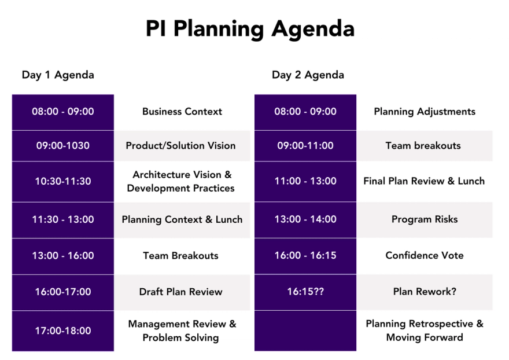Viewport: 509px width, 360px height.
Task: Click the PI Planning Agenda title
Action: click(x=250, y=28)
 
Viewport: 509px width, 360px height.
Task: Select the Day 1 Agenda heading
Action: click(x=58, y=75)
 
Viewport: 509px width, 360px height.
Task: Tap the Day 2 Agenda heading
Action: click(x=308, y=75)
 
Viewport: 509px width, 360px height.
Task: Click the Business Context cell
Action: click(x=182, y=112)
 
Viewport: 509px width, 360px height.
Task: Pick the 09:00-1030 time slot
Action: click(x=63, y=145)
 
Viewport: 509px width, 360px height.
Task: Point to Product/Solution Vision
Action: click(x=180, y=145)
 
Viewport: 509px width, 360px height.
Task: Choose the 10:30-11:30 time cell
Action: click(x=63, y=181)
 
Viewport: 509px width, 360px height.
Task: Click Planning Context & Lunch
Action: click(x=182, y=219)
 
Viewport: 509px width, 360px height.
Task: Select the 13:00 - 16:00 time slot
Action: click(x=63, y=256)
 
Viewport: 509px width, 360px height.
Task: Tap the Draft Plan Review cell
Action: click(x=181, y=292)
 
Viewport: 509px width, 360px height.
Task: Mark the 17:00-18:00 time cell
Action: click(x=63, y=330)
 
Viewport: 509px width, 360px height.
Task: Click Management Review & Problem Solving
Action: click(x=182, y=330)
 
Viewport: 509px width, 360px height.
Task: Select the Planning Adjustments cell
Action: click(x=425, y=112)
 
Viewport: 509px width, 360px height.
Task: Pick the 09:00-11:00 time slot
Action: click(x=305, y=145)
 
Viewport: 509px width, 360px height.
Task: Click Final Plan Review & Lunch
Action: click(x=424, y=181)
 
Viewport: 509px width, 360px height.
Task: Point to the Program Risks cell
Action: click(x=425, y=219)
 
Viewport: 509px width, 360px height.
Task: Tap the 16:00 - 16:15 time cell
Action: click(x=305, y=255)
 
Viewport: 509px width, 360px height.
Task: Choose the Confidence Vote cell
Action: click(x=425, y=255)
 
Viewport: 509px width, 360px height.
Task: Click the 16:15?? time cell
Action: click(x=305, y=292)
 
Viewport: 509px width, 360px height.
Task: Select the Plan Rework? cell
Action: click(x=425, y=292)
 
